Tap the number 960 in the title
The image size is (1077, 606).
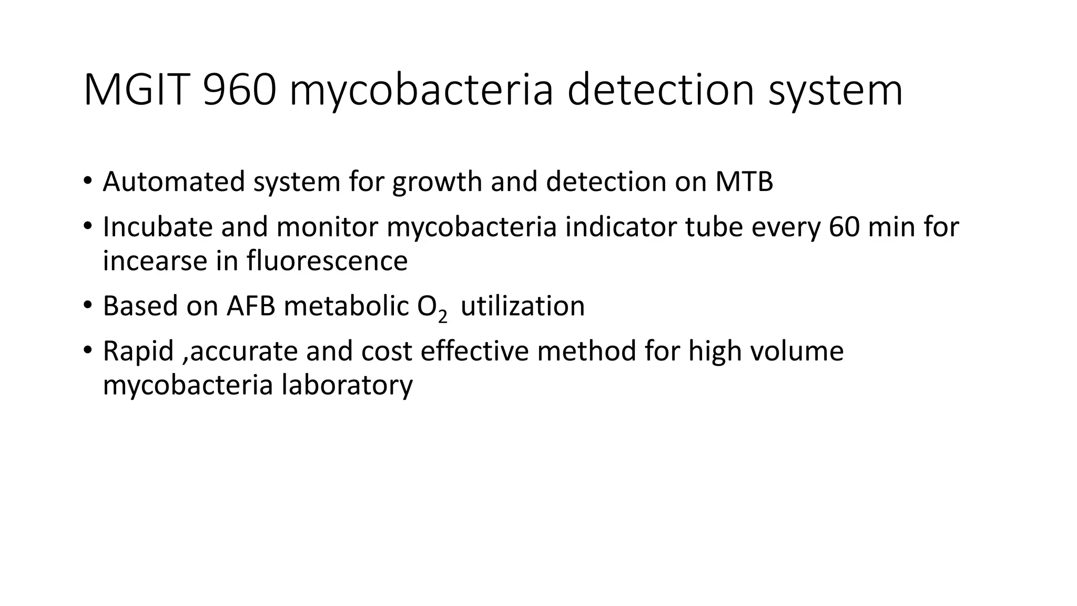240,90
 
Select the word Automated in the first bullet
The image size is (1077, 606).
174,181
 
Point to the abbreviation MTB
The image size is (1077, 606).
744,181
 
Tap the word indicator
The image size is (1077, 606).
621,227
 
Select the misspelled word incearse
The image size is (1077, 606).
155,261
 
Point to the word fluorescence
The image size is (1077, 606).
327,261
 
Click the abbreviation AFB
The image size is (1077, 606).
251,306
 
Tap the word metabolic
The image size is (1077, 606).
346,306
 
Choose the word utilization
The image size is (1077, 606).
522,306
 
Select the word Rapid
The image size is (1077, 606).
138,351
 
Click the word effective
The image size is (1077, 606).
474,351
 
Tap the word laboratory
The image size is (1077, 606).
347,385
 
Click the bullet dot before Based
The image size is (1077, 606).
87,306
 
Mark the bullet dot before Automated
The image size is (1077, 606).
87,181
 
